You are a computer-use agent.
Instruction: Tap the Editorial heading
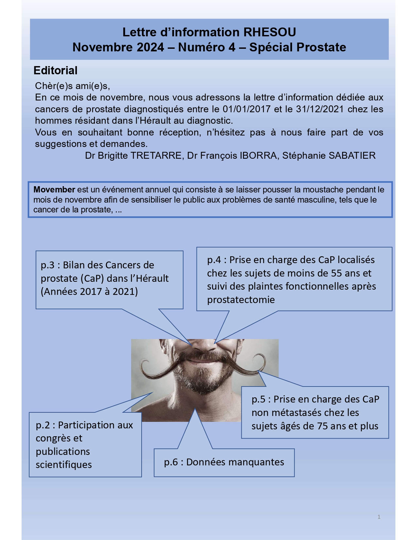[x=55, y=70]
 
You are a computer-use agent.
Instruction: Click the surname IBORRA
[x=258, y=155]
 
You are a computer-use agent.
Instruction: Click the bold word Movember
[x=54, y=190]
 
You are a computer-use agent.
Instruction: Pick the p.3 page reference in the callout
[x=48, y=265]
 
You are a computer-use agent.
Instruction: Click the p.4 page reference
[x=214, y=260]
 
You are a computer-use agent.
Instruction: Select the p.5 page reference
[x=258, y=399]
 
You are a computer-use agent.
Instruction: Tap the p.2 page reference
[x=43, y=425]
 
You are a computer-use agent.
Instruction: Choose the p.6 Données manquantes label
[x=224, y=462]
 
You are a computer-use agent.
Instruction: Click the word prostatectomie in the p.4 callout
[x=241, y=300]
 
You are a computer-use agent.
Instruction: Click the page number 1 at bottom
[x=379, y=517]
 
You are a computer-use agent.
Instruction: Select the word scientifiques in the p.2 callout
[x=64, y=465]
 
